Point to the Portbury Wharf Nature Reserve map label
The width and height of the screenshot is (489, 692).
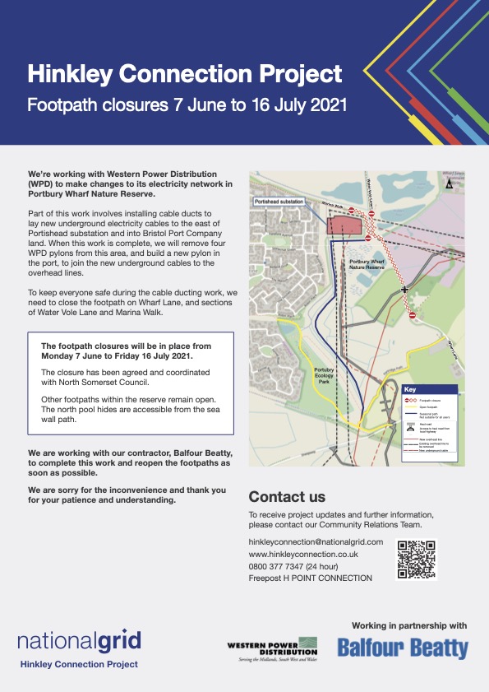pos(367,262)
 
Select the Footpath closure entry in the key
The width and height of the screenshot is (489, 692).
pos(423,399)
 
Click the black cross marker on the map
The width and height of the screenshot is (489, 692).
pos(404,290)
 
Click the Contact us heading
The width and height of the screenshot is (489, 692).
pos(286,497)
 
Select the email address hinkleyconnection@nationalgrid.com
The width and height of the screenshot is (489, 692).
pos(316,541)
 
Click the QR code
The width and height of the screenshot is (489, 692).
pos(416,559)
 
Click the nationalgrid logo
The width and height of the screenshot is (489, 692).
pos(79,640)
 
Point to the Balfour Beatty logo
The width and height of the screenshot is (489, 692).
pos(403,648)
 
